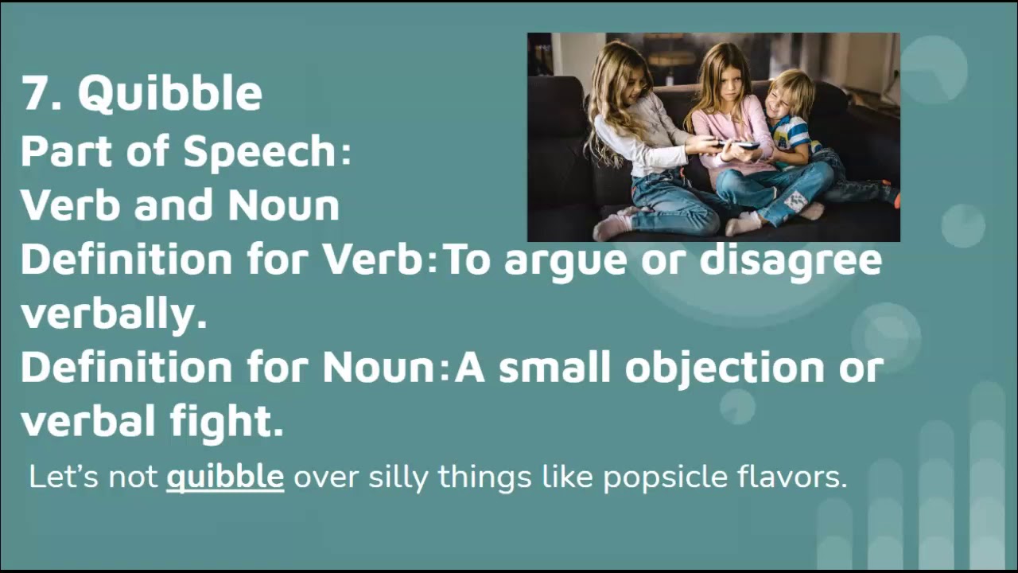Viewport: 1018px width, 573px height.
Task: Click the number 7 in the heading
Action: [x=36, y=94]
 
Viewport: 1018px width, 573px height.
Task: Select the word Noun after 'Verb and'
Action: [x=283, y=205]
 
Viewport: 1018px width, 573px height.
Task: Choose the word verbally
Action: [x=113, y=314]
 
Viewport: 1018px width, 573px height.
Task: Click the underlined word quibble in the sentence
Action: [x=225, y=477]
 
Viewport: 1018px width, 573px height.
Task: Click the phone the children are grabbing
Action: [x=736, y=145]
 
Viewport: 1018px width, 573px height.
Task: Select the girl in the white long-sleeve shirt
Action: [x=636, y=135]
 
